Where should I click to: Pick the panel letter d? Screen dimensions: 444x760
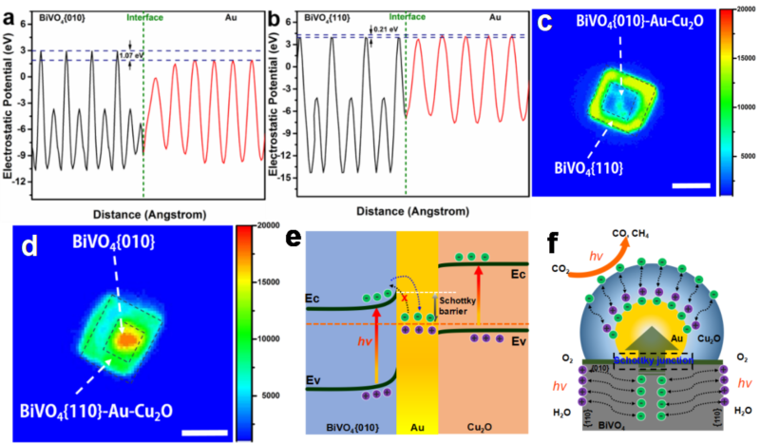click(30, 244)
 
